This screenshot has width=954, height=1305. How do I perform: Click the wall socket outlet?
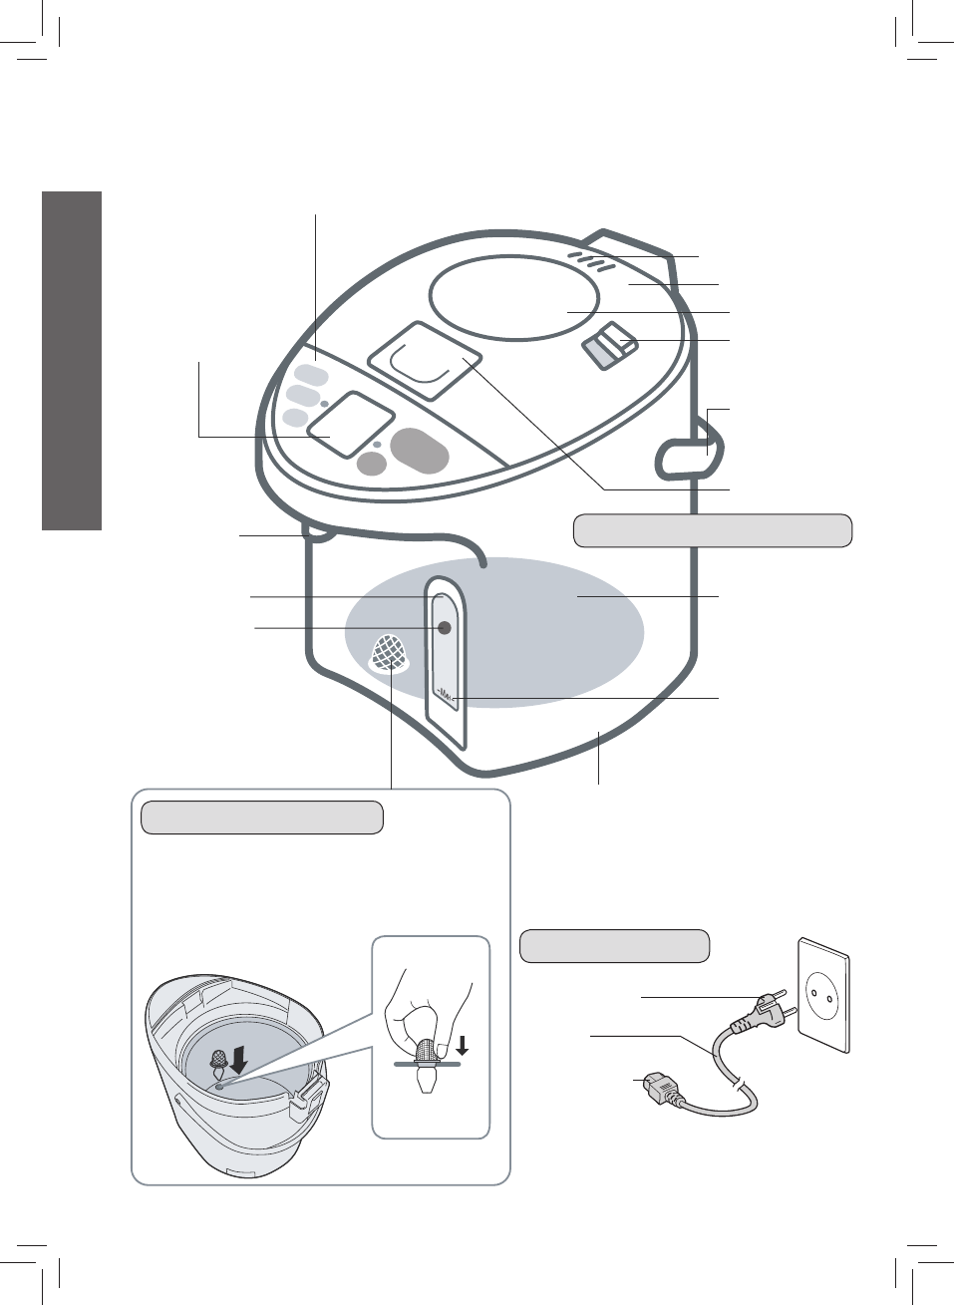(x=823, y=993)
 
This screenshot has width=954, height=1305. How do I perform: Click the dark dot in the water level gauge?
(x=445, y=627)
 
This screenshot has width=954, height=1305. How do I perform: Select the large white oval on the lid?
(x=514, y=297)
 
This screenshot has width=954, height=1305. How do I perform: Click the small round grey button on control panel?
(x=372, y=463)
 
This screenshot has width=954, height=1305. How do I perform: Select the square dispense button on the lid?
(x=425, y=360)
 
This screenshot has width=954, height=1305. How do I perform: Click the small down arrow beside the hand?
(x=461, y=1046)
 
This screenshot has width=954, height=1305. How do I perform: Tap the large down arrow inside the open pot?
(x=238, y=1064)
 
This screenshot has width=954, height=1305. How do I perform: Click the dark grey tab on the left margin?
(x=72, y=360)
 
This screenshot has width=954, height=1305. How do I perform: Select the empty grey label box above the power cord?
(x=615, y=945)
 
